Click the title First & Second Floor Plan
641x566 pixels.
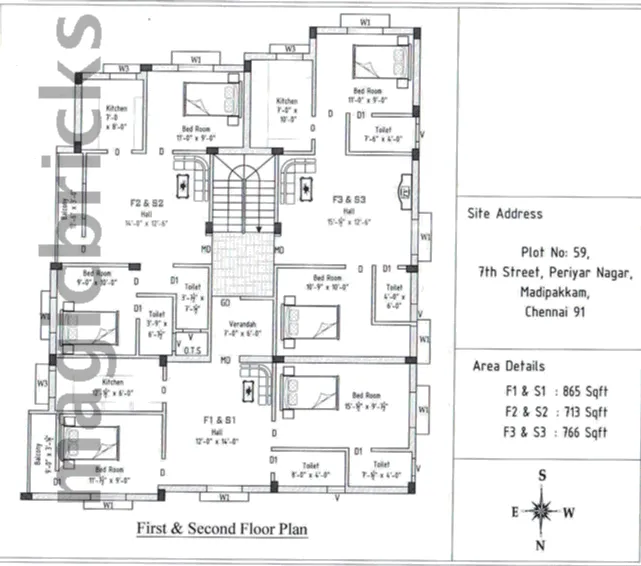(222, 528)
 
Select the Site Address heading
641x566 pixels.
(505, 213)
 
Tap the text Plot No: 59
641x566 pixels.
(549, 253)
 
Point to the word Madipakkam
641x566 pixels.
(548, 292)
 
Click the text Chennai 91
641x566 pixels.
(549, 312)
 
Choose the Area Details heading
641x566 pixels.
(509, 367)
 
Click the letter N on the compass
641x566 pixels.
(541, 545)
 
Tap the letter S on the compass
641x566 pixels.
(541, 476)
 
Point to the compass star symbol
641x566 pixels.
(541, 511)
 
